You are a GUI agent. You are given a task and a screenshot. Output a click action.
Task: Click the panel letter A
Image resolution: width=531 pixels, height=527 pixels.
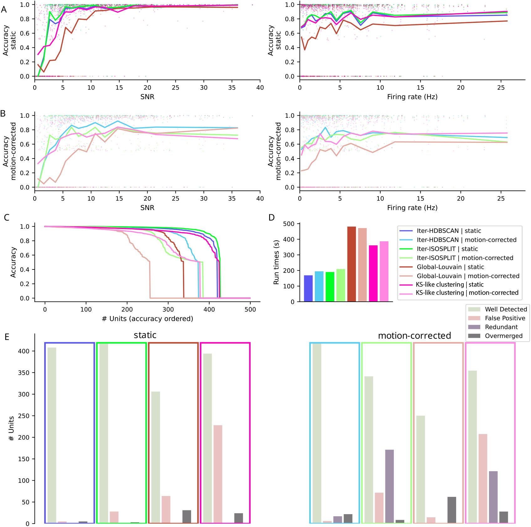tap(4, 9)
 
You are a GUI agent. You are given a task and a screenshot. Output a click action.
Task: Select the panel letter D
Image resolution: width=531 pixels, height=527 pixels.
tap(272, 217)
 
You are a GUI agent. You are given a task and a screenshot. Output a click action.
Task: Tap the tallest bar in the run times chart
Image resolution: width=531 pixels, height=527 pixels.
tap(351, 264)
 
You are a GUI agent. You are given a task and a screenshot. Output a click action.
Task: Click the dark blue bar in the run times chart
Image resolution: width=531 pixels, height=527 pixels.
tap(308, 288)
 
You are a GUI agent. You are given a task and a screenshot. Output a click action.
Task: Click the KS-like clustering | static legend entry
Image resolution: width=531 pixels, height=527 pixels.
tap(450, 284)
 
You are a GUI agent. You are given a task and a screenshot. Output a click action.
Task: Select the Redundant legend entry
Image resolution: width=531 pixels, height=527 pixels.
tap(501, 327)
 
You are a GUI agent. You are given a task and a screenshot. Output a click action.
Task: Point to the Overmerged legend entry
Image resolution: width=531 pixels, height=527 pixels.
tap(503, 336)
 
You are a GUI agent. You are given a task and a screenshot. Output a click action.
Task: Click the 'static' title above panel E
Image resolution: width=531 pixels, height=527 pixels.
tap(145, 335)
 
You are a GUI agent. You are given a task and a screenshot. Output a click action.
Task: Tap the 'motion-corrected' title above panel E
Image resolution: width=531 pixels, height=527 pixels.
tap(414, 336)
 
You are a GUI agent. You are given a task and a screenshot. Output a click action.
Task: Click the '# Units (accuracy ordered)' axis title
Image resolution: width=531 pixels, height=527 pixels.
tap(147, 319)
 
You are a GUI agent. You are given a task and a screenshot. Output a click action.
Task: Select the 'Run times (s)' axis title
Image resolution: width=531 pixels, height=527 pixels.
tap(276, 262)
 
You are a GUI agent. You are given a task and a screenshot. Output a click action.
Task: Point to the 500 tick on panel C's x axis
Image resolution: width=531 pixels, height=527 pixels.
tap(250, 310)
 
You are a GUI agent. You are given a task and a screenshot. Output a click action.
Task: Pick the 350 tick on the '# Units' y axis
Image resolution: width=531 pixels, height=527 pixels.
tap(23, 373)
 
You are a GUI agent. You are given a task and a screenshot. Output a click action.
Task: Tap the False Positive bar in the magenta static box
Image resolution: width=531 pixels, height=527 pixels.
tap(218, 474)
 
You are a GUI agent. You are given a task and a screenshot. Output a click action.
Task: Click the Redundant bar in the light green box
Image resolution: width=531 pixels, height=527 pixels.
tap(389, 486)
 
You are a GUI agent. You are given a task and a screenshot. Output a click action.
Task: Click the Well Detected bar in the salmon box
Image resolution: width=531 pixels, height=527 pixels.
tap(420, 469)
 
